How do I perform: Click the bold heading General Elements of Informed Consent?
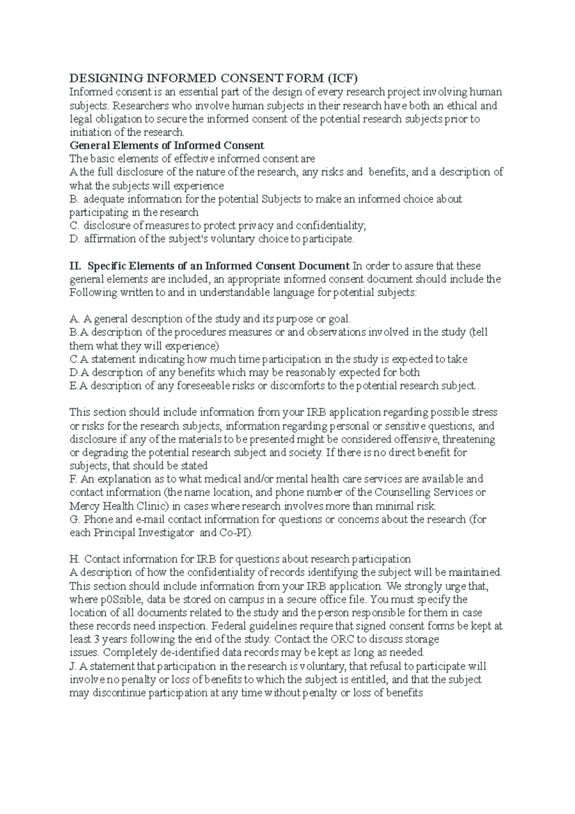point(167,145)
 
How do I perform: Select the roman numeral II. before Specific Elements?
point(76,266)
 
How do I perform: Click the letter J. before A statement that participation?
point(73,666)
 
